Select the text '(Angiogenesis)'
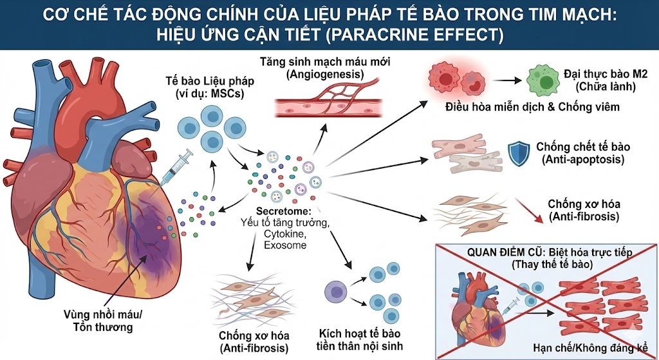[317, 76]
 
